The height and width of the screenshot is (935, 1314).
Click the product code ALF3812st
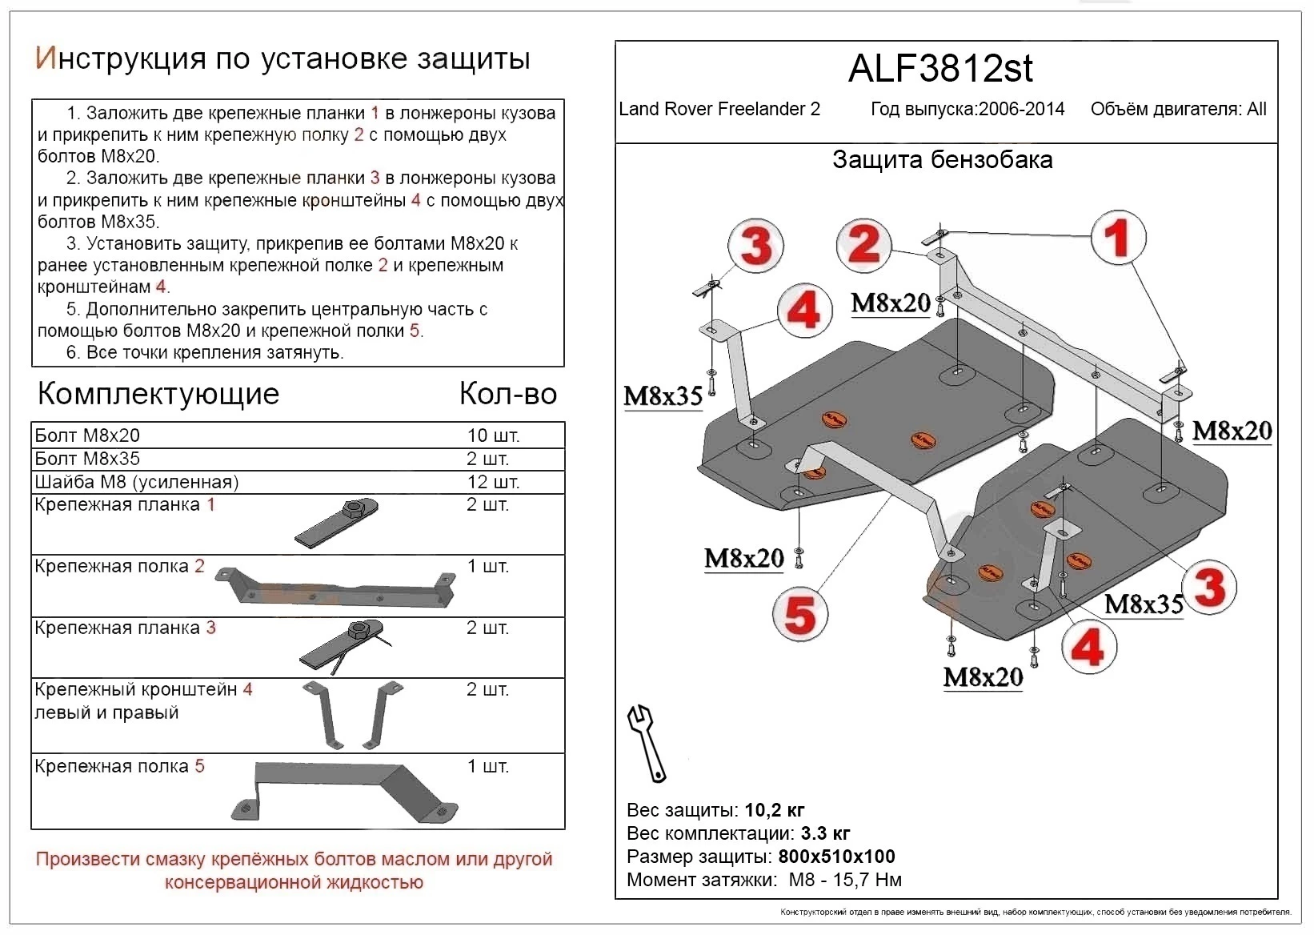click(x=940, y=70)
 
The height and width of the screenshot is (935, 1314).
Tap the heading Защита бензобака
click(x=942, y=160)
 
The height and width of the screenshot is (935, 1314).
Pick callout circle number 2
click(x=863, y=244)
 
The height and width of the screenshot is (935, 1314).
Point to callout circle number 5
click(x=799, y=616)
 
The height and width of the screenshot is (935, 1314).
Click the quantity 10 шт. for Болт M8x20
click(x=493, y=436)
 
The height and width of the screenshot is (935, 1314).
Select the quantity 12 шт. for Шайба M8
click(x=493, y=482)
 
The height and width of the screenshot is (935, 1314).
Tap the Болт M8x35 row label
click(x=87, y=459)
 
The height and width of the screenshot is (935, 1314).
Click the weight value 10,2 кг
click(x=774, y=810)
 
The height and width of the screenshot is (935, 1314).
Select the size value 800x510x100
click(x=836, y=857)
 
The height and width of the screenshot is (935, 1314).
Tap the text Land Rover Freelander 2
click(x=719, y=110)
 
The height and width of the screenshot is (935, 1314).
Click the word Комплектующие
click(x=158, y=394)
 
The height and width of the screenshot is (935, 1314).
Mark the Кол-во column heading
click(x=507, y=394)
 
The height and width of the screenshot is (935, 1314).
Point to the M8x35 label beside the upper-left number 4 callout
click(x=663, y=395)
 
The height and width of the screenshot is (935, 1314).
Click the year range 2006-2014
click(x=1020, y=110)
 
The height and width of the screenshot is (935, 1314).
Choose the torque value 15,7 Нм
click(x=868, y=880)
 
